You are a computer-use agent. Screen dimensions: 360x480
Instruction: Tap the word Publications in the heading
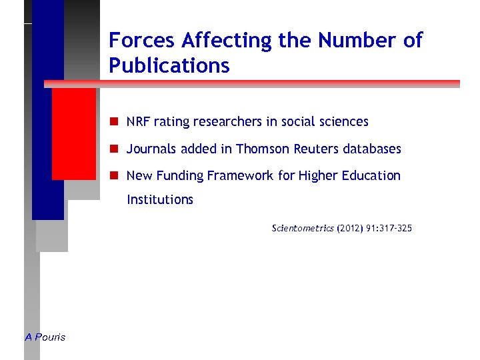pyautogui.click(x=169, y=66)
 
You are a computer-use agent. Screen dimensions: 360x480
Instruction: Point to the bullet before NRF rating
pyautogui.click(x=115, y=121)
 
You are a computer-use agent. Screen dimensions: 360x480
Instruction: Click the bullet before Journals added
pyautogui.click(x=115, y=149)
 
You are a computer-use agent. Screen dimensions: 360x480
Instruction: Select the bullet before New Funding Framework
pyautogui.click(x=115, y=175)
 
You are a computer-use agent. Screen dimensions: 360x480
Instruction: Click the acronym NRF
pyautogui.click(x=138, y=122)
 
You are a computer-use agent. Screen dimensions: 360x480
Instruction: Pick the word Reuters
pyautogui.click(x=315, y=149)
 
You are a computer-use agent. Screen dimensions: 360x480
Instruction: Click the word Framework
pyautogui.click(x=240, y=176)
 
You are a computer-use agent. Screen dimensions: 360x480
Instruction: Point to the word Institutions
pyautogui.click(x=160, y=199)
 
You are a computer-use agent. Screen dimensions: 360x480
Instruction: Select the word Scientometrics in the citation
pyautogui.click(x=303, y=229)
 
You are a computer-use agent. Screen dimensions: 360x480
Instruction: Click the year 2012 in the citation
pyautogui.click(x=350, y=229)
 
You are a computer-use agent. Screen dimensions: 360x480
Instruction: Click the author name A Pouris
pyautogui.click(x=45, y=337)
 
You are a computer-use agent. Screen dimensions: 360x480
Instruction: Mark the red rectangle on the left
pyautogui.click(x=74, y=133)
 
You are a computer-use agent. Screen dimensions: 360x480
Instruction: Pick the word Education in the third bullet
pyautogui.click(x=370, y=176)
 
